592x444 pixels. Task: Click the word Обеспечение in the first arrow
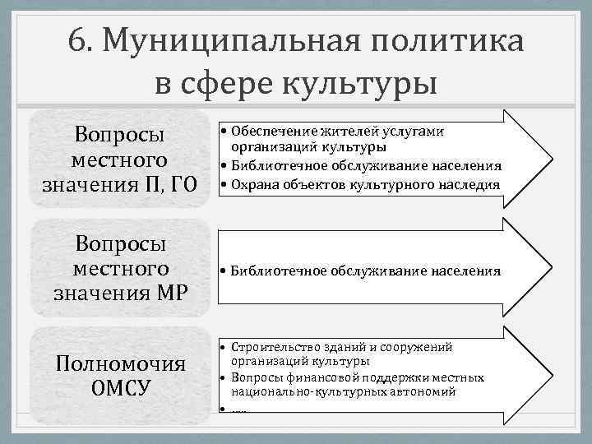tap(269, 132)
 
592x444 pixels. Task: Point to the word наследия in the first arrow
tap(470, 184)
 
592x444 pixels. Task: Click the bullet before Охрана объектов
tap(224, 184)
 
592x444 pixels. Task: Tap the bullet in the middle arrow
tap(223, 270)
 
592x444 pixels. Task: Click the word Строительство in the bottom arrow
tap(272, 347)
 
